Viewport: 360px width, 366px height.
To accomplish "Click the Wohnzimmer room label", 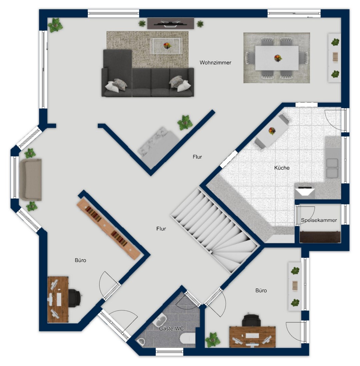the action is click(215, 63).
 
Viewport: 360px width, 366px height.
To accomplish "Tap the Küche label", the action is click(282, 168).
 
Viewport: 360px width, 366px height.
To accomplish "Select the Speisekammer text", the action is click(319, 220).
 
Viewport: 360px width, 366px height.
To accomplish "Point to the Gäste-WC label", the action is click(171, 329).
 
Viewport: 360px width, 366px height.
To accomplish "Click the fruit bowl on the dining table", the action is click(278, 58).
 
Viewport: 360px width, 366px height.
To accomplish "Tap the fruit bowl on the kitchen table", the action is click(272, 131).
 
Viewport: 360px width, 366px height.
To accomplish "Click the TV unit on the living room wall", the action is click(171, 23).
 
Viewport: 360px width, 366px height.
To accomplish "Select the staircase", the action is click(215, 230).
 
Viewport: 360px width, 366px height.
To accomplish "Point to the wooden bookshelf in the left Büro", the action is click(108, 229).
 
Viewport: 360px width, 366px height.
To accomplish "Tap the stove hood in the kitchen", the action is click(305, 192).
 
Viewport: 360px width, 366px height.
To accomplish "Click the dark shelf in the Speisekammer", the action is click(320, 237).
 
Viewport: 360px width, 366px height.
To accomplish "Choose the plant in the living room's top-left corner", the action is click(55, 25).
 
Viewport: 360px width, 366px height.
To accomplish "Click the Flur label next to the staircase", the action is click(161, 229).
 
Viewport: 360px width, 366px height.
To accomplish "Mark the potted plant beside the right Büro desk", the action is click(213, 340).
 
